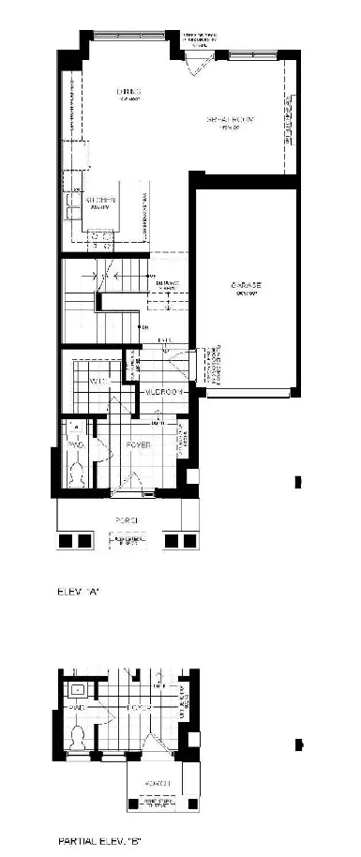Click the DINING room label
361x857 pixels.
click(x=122, y=92)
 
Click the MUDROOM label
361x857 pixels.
click(x=161, y=392)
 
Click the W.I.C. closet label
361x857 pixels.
click(x=98, y=383)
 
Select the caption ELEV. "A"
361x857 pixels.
click(x=78, y=594)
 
